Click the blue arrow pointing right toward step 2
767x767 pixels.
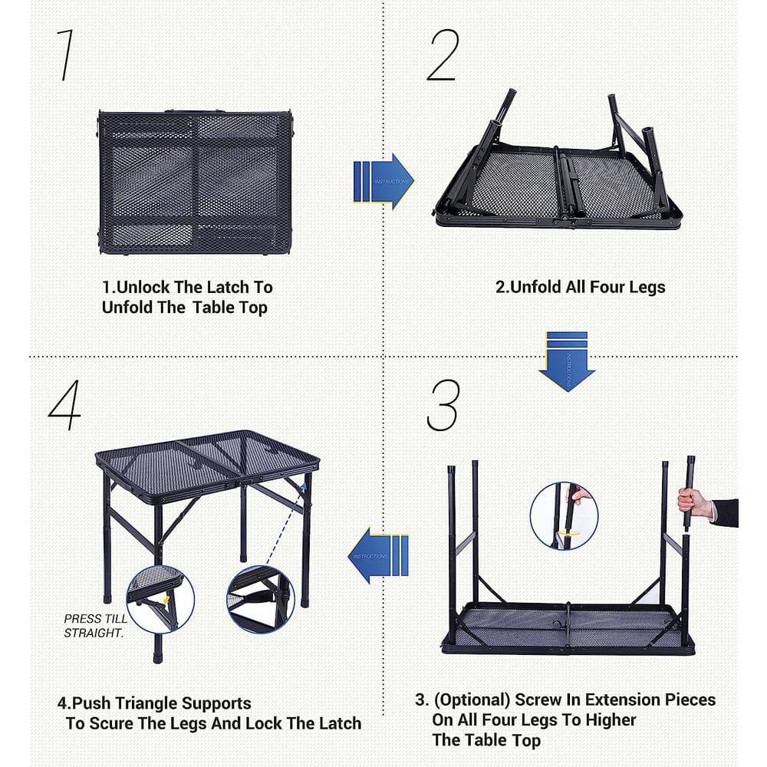click(x=383, y=181)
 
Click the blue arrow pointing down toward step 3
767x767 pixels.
click(x=567, y=360)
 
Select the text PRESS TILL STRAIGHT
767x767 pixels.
click(x=94, y=625)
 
